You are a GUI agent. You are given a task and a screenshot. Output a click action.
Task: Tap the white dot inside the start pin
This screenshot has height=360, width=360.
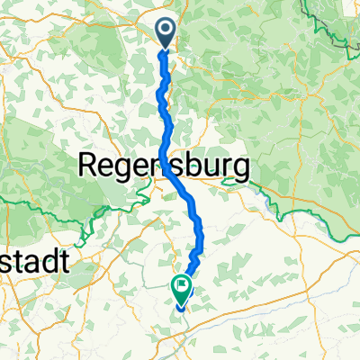167,30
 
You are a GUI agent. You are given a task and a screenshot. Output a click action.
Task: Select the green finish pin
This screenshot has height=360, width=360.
181,289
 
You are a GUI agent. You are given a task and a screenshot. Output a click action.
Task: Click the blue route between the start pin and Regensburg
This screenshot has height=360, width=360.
163,99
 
